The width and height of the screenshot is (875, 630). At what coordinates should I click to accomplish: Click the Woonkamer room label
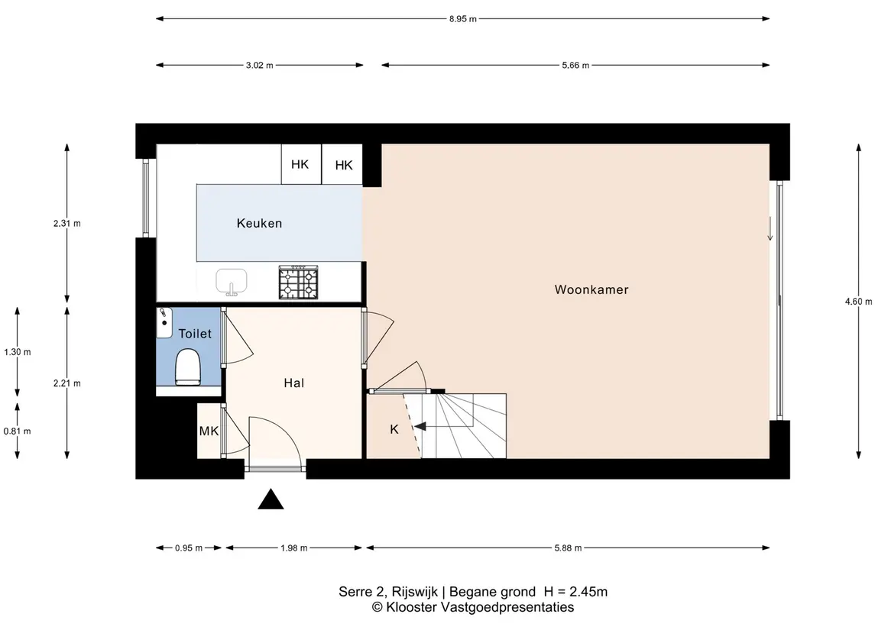[x=591, y=289]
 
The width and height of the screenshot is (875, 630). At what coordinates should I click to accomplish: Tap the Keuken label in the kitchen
[x=260, y=223]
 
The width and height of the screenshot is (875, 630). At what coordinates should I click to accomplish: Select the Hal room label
[x=294, y=383]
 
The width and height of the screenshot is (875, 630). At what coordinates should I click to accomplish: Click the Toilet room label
[x=195, y=334]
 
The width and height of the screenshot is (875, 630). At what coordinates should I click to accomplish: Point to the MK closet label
[x=209, y=431]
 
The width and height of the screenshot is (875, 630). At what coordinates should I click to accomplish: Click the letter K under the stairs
[x=394, y=429]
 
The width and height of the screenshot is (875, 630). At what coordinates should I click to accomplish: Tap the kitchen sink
[x=232, y=282]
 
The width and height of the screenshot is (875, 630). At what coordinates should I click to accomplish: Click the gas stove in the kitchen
[x=299, y=282]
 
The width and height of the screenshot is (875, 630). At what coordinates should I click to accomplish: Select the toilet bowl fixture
[x=187, y=367]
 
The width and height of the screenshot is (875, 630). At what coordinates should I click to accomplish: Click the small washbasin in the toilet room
[x=164, y=322]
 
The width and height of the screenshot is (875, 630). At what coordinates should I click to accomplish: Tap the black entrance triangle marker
[x=271, y=499]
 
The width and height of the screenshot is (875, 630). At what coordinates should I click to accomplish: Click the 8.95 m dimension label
[x=463, y=19]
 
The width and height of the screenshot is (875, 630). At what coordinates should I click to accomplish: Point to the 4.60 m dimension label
[x=859, y=302]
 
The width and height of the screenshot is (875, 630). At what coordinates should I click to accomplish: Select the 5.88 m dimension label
[x=568, y=548]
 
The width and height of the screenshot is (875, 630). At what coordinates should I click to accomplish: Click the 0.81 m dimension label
[x=18, y=431]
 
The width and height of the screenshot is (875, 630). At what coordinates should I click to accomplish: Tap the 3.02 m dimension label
[x=260, y=65]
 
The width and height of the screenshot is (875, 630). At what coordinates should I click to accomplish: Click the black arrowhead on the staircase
[x=420, y=427]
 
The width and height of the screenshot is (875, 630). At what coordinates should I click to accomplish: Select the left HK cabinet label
[x=300, y=164]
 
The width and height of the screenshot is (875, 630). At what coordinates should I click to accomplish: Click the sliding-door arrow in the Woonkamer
[x=770, y=228]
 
